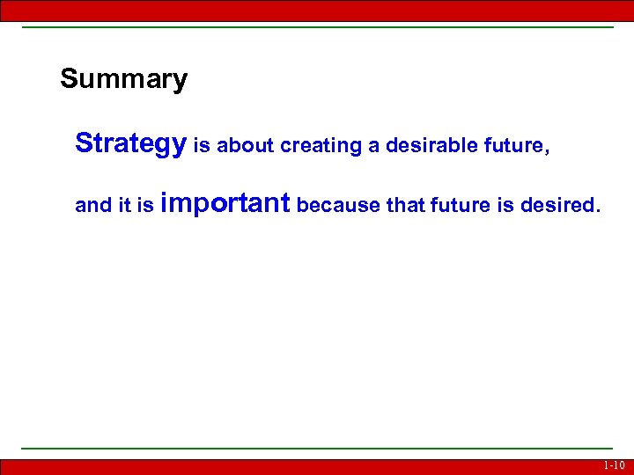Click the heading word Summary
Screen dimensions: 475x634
pos(123,80)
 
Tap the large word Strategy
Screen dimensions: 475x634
pos(130,143)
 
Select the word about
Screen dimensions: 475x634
pos(245,146)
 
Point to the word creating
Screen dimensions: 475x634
pos(321,146)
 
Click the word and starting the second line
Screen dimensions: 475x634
pos(92,206)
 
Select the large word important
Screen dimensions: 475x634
pos(226,204)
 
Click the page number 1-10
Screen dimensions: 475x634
pos(614,466)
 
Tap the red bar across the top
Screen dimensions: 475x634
pos(317,10)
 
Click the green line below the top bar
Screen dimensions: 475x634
pos(317,27)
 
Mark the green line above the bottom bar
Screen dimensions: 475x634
pos(317,449)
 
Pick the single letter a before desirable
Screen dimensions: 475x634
pos(374,147)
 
